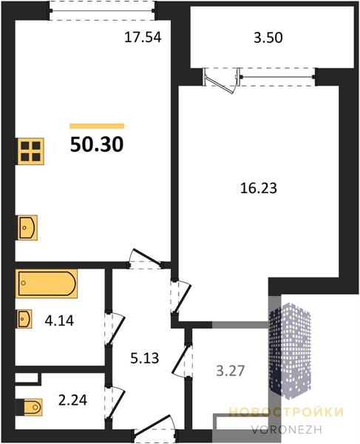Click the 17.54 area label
click(x=143, y=38)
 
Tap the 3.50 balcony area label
click(x=268, y=38)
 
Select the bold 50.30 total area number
click(x=97, y=144)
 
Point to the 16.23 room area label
click(x=259, y=188)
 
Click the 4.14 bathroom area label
click(x=59, y=321)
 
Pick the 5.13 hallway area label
click(x=145, y=358)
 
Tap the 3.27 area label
click(x=230, y=371)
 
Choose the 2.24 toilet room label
click(x=72, y=400)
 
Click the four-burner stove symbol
click(x=31, y=151)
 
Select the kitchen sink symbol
click(x=27, y=228)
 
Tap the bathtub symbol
click(x=47, y=283)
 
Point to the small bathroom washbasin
click(x=24, y=319)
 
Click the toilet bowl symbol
click(x=33, y=407)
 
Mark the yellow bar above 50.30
click(x=97, y=126)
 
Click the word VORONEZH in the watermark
click(x=286, y=430)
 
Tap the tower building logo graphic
click(x=290, y=351)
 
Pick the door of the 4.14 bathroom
click(x=115, y=329)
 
